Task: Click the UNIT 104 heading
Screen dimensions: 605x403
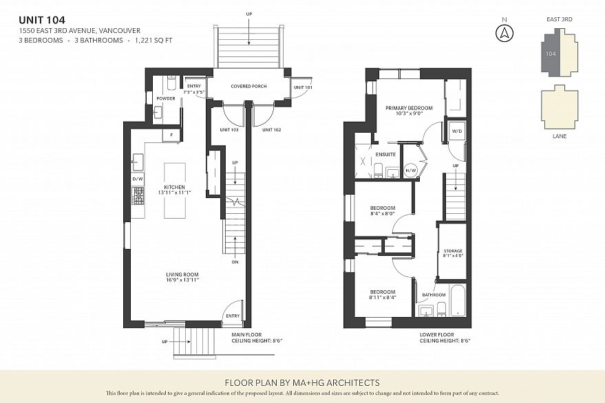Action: point(42,20)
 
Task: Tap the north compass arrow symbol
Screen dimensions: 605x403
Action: point(505,33)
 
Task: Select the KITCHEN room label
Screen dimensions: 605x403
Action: point(174,187)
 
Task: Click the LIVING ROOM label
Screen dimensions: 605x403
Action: point(182,274)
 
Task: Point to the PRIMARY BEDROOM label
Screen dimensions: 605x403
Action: point(409,108)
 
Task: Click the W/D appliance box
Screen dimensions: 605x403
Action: point(456,131)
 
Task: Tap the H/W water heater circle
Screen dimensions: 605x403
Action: point(411,170)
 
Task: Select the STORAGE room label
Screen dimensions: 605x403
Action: point(453,250)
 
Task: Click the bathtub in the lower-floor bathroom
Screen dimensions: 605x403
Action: point(458,301)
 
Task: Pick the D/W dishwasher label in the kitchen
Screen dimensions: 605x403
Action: point(138,179)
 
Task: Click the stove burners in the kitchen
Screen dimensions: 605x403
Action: point(138,195)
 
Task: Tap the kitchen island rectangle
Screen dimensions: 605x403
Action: point(175,190)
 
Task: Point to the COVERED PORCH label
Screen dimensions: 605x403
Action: point(249,86)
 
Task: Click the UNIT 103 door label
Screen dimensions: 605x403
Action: point(229,129)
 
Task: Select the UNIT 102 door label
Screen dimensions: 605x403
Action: point(272,129)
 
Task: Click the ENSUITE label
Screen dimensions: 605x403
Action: point(385,154)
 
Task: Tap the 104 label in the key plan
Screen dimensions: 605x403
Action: point(551,54)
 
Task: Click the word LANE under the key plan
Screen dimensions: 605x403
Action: point(560,136)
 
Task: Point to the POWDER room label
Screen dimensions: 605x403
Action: point(166,98)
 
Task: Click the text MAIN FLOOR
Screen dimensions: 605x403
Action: point(246,335)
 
